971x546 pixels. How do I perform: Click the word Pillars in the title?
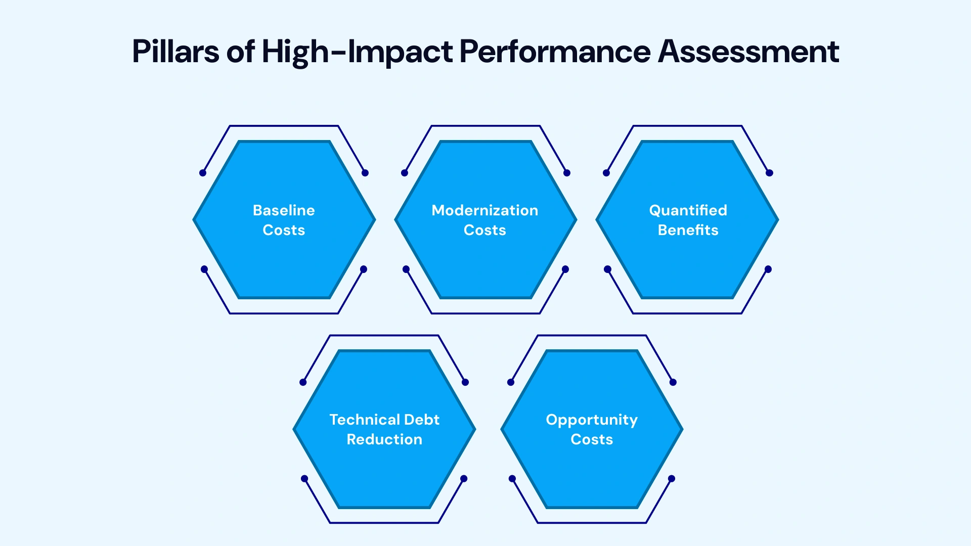click(x=175, y=52)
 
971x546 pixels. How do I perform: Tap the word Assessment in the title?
click(x=748, y=52)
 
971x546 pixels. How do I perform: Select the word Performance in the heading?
click(x=555, y=52)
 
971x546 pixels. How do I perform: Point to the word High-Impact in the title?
click(x=357, y=52)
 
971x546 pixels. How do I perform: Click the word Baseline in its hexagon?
click(x=284, y=210)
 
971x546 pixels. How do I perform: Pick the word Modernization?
click(x=484, y=210)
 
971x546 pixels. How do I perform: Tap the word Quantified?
click(x=688, y=210)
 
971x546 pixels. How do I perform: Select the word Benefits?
click(x=688, y=230)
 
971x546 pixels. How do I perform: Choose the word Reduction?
click(x=384, y=439)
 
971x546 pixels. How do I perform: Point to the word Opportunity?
click(x=592, y=420)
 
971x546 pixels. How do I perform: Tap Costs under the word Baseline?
click(x=284, y=230)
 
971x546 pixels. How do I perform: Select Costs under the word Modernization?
click(x=484, y=230)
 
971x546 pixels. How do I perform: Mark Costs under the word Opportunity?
click(x=592, y=439)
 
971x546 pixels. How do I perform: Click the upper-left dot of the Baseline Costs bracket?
click(x=203, y=173)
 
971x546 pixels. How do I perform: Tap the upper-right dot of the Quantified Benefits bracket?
click(x=769, y=173)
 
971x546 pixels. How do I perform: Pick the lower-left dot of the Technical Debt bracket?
click(x=304, y=479)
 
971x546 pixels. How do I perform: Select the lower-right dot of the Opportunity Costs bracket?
click(x=672, y=479)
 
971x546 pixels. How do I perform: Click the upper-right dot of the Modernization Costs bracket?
click(x=567, y=173)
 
